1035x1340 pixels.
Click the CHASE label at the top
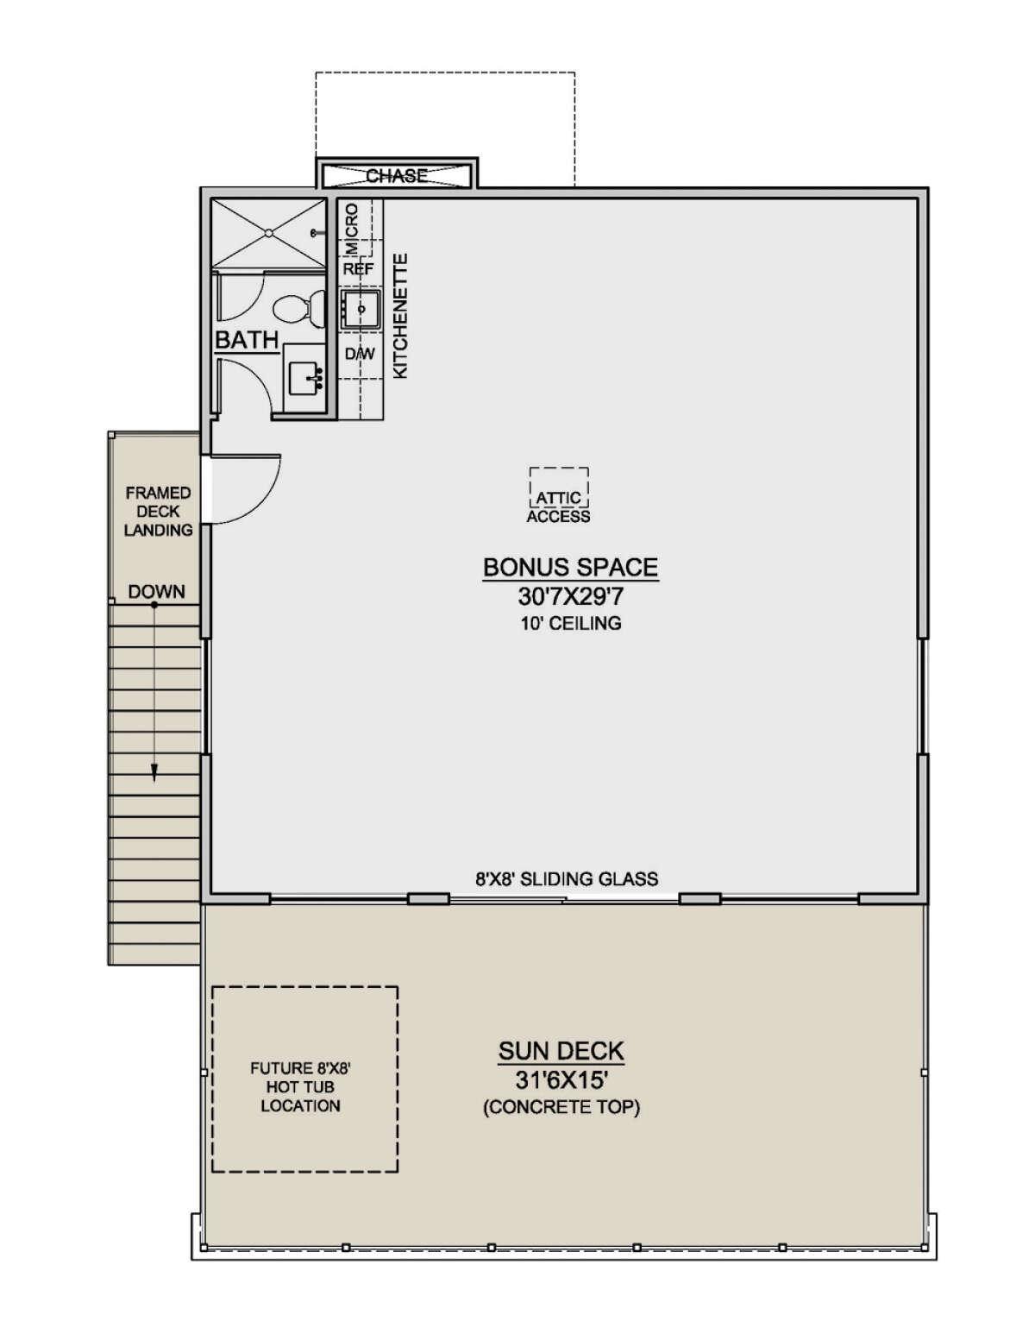click(396, 175)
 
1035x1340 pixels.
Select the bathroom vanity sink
click(304, 377)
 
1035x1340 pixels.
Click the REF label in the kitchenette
click(359, 269)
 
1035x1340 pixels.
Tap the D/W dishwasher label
click(360, 354)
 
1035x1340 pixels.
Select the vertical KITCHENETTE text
click(400, 316)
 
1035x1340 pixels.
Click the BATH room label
click(247, 340)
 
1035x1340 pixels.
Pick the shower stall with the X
click(269, 233)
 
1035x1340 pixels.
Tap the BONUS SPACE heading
click(570, 567)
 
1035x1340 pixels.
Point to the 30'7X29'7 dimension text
click(570, 597)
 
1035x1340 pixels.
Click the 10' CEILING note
click(570, 623)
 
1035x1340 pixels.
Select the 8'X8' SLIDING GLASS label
click(567, 879)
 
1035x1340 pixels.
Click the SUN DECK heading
click(561, 1051)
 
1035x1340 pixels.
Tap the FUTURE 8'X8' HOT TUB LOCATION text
click(300, 1086)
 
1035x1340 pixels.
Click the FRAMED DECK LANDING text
click(158, 512)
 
